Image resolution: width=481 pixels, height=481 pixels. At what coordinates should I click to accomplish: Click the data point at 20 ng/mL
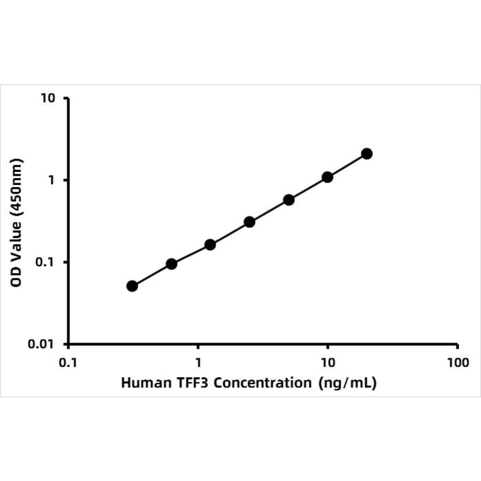(x=366, y=154)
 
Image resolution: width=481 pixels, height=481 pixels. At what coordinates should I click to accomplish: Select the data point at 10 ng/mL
(x=327, y=177)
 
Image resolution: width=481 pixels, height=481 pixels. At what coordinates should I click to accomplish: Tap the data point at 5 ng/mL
(x=288, y=200)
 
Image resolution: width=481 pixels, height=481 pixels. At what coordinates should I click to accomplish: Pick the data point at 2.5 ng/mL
(x=249, y=222)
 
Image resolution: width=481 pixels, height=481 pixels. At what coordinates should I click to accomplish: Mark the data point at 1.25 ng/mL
(x=210, y=244)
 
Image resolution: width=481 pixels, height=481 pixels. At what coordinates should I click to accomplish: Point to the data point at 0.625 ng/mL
(x=171, y=264)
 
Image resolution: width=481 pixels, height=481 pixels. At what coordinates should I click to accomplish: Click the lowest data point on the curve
(x=132, y=286)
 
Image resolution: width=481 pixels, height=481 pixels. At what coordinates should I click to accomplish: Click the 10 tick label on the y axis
(x=49, y=99)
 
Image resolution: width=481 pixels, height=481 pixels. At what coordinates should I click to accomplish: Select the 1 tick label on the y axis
(x=52, y=181)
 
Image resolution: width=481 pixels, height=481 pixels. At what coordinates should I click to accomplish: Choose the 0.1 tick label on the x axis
(x=68, y=363)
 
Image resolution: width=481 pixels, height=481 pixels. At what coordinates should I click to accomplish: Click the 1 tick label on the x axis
(x=198, y=363)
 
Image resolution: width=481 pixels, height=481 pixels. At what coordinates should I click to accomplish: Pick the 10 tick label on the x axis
(x=327, y=363)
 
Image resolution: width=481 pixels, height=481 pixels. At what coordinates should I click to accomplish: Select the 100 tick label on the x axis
(x=457, y=363)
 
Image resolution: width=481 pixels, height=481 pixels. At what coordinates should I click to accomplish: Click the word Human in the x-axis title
(x=143, y=383)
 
